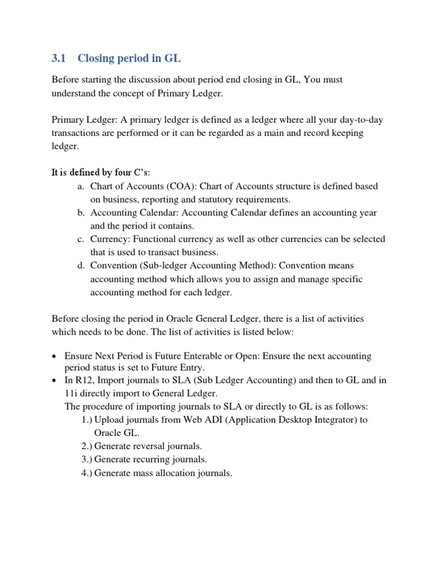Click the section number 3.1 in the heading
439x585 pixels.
[x=59, y=58]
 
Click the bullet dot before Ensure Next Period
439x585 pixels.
[x=54, y=356]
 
